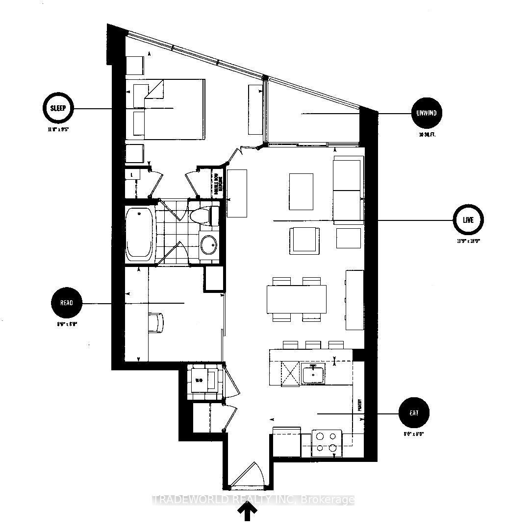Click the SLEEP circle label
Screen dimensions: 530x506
click(x=58, y=108)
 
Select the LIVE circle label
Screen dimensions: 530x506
click(x=468, y=220)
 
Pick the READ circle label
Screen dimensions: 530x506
click(x=66, y=303)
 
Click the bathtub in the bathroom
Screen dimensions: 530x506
click(x=140, y=233)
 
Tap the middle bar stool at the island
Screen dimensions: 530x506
click(x=313, y=345)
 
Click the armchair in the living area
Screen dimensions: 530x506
click(x=304, y=241)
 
